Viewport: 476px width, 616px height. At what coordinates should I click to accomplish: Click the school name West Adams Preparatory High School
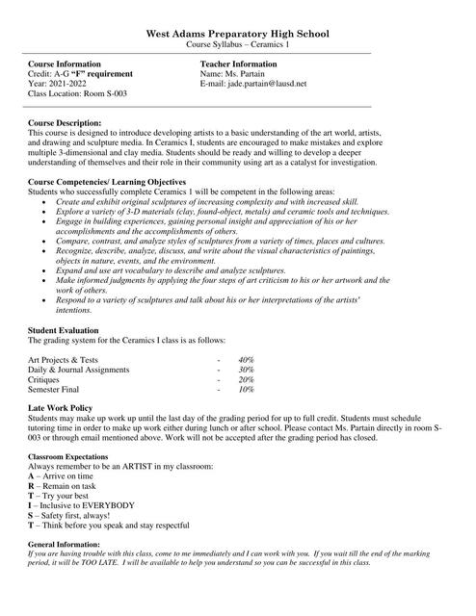point(238,33)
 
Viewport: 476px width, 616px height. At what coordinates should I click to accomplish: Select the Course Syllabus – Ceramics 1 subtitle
point(238,44)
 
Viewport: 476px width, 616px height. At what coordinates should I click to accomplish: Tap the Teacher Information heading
point(238,64)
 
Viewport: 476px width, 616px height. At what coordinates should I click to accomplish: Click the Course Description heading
point(65,123)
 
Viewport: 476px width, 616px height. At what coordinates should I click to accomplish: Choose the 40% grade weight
point(246,359)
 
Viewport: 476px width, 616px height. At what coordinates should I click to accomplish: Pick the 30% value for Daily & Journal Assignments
point(246,370)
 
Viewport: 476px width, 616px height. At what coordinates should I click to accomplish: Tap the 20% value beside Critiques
point(246,380)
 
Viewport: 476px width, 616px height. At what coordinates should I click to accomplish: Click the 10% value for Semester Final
point(246,391)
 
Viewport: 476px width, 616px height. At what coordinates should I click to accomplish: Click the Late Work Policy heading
point(61,409)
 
